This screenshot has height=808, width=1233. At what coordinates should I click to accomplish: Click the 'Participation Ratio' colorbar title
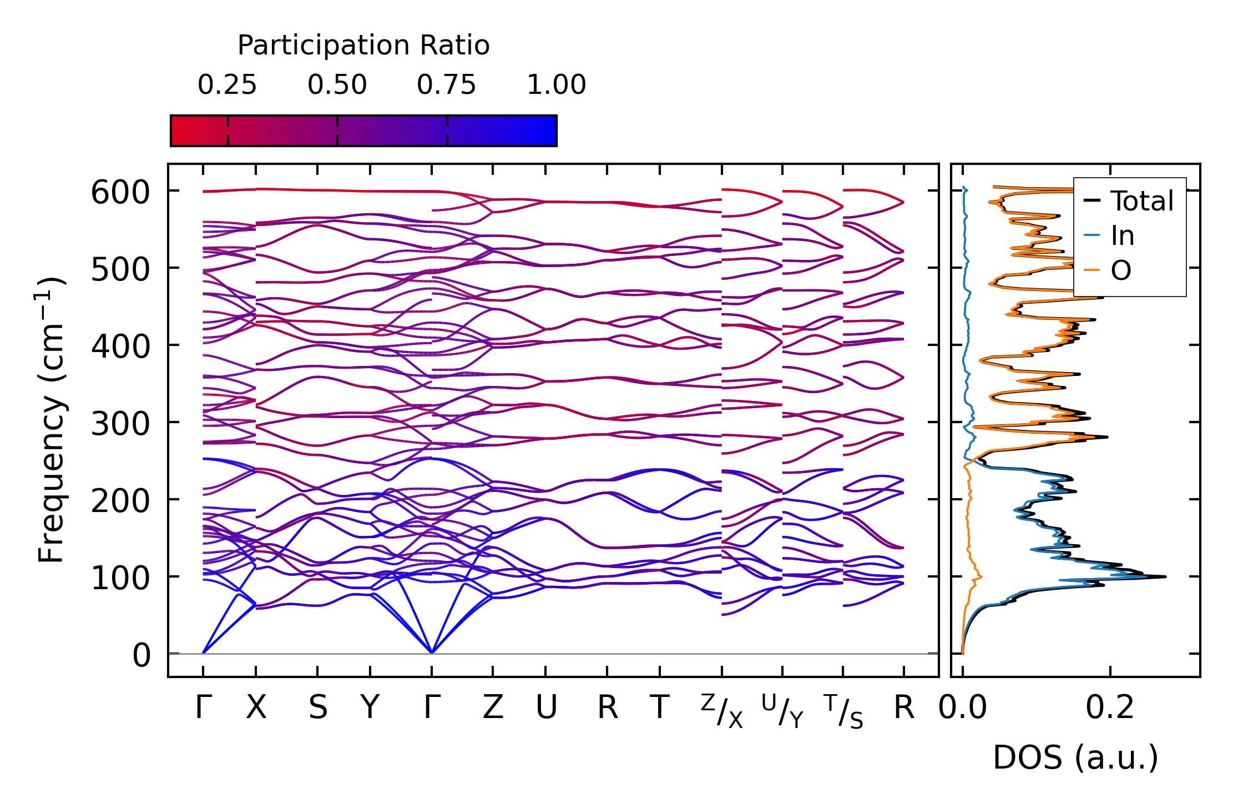(363, 46)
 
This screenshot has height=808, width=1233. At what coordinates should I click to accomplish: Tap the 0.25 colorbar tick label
(228, 85)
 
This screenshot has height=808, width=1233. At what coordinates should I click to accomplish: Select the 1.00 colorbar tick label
(557, 85)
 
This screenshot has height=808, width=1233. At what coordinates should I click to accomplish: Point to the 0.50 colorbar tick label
(337, 85)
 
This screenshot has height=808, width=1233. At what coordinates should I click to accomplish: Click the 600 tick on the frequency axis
(120, 193)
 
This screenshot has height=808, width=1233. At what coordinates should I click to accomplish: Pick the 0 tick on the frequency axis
(142, 656)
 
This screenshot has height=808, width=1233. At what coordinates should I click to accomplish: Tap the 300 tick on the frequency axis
(120, 425)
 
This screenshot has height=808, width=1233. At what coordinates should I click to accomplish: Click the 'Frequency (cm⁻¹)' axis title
(51, 420)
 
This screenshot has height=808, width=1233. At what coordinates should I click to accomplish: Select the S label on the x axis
(317, 707)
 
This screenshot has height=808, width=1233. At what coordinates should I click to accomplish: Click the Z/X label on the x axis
(721, 711)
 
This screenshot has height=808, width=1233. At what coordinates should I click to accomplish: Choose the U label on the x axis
(546, 707)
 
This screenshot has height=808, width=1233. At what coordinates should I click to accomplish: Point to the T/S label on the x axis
(843, 711)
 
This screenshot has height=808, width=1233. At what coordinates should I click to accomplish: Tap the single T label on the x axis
(659, 707)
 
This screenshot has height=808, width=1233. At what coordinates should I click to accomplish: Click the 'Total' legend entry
(1129, 201)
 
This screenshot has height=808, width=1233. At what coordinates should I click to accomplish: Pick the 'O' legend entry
(1108, 270)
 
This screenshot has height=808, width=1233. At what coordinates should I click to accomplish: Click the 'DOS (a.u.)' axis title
(1075, 757)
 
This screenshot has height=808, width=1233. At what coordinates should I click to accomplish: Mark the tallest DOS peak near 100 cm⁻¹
(1165, 576)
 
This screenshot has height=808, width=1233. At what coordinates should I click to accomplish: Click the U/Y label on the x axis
(782, 711)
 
